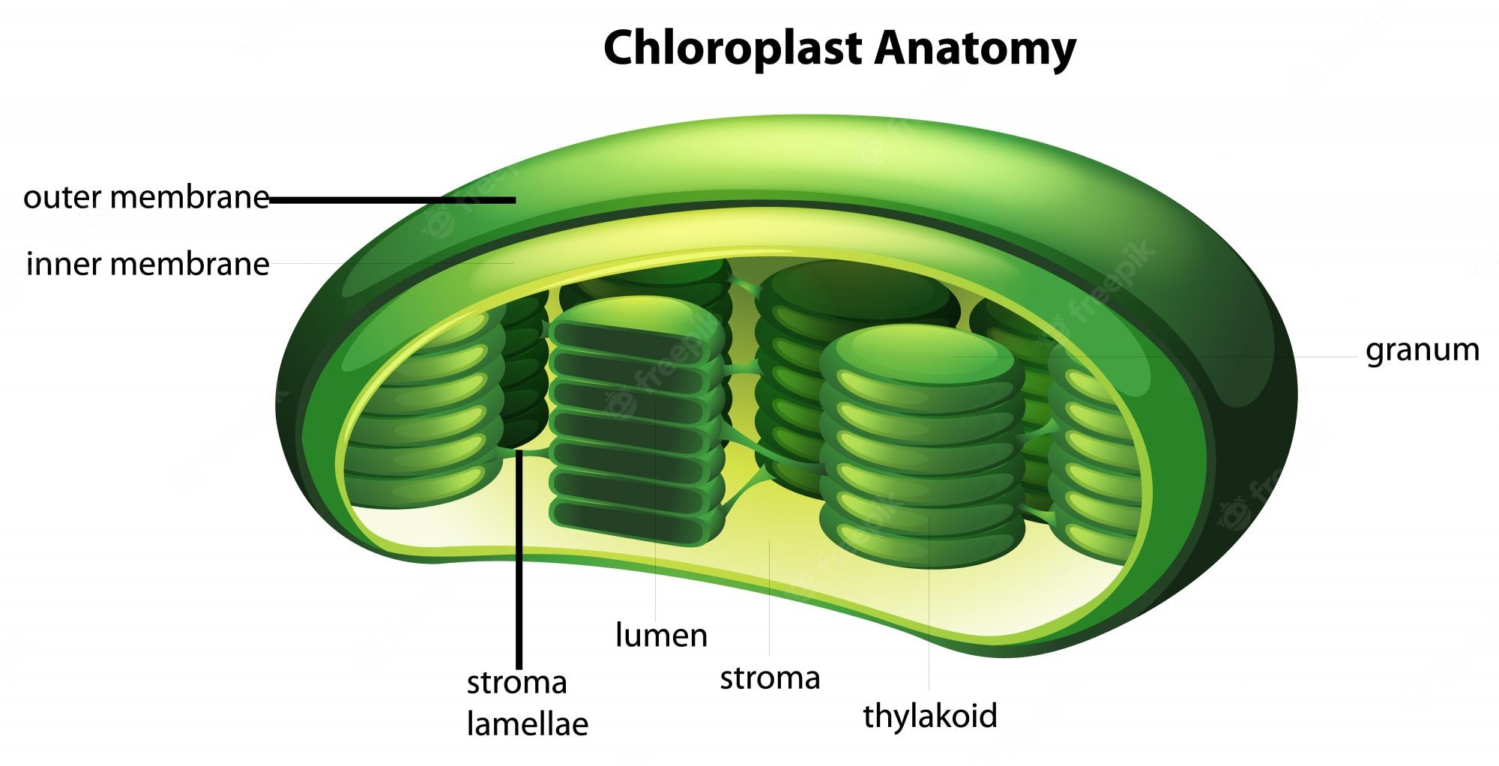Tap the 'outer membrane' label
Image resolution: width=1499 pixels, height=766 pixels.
[146, 198]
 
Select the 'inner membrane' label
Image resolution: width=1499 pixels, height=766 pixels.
[148, 265]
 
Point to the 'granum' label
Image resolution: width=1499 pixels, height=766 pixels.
[1422, 350]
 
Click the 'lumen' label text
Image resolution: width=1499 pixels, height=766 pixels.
[660, 636]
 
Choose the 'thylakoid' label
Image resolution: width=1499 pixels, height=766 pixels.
[929, 716]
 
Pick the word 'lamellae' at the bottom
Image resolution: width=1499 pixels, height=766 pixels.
[527, 724]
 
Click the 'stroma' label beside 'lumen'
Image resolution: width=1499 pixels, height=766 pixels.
[770, 678]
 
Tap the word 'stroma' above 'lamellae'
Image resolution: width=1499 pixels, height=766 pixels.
[516, 683]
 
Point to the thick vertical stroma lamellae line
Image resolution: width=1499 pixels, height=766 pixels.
[519, 562]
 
